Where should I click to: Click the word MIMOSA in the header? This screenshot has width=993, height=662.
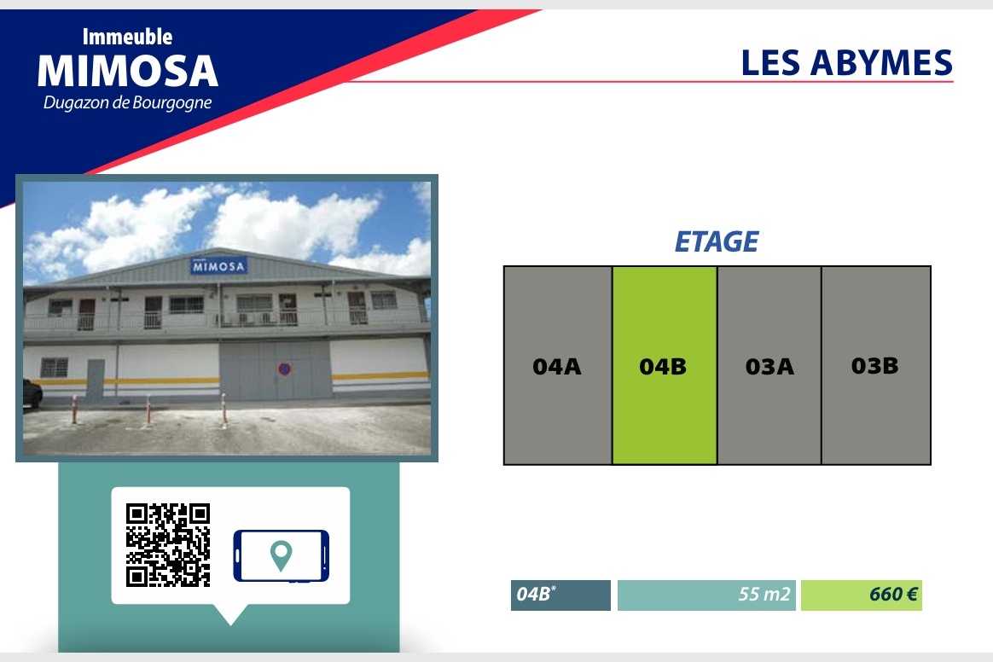[x=128, y=71]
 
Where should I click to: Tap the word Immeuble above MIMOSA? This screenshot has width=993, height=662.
[x=127, y=37]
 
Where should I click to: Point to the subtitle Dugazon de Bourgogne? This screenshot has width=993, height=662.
[x=127, y=102]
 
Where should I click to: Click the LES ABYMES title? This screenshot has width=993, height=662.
[x=847, y=63]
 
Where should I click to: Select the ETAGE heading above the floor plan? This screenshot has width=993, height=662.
[x=717, y=241]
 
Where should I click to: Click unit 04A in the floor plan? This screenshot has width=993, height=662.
[x=558, y=365]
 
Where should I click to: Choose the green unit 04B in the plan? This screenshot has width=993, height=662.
[x=665, y=365]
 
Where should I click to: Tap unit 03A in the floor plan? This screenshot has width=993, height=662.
[x=769, y=365]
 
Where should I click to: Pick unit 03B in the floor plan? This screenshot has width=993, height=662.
[x=876, y=365]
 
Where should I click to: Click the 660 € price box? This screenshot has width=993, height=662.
[x=862, y=595]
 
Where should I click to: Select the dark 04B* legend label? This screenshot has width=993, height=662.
[x=560, y=595]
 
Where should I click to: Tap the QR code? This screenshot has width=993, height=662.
[x=168, y=545]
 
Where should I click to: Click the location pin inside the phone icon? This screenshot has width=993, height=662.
[x=282, y=555]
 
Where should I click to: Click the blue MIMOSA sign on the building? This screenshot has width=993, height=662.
[x=218, y=266]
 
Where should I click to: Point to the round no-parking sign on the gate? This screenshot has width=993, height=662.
[x=284, y=369]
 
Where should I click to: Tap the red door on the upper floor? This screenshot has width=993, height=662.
[x=86, y=314]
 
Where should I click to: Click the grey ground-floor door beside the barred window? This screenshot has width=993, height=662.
[x=95, y=381]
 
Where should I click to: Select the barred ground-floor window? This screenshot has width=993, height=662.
[x=54, y=367]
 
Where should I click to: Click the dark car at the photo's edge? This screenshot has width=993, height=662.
[x=32, y=393]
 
